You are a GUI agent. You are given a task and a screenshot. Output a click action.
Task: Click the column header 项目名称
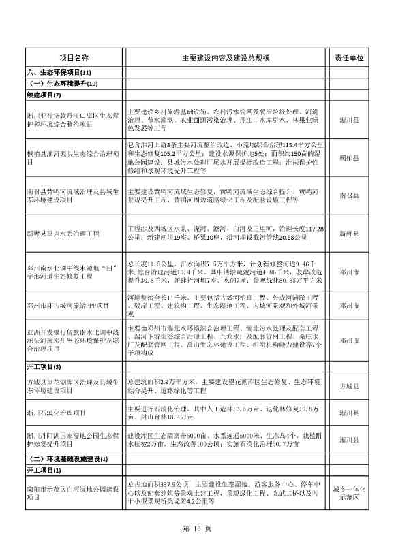tap(74, 59)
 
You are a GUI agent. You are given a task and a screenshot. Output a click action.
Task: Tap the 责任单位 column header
tap(350, 59)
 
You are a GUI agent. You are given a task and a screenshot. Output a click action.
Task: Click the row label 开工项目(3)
tap(44, 367)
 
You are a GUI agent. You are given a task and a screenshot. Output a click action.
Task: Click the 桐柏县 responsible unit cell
tap(350, 158)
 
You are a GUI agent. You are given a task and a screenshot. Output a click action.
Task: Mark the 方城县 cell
tap(350, 386)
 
